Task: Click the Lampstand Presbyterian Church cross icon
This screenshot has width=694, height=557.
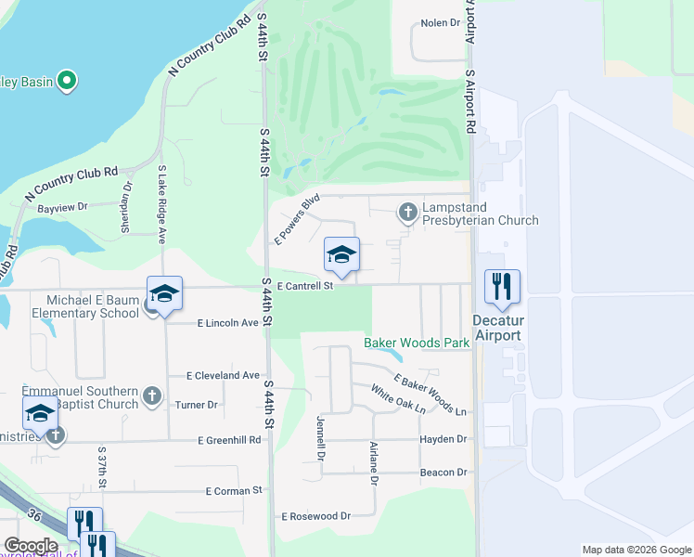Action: tap(407, 213)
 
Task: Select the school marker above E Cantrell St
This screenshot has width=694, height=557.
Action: tap(341, 255)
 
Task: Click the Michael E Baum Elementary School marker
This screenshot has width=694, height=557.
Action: tap(164, 295)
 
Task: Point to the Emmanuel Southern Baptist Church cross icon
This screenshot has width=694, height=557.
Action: tap(153, 397)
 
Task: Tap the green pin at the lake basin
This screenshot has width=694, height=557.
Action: tap(66, 81)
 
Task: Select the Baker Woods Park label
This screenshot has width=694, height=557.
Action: tap(417, 343)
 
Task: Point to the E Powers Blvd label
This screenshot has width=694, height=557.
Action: tap(297, 219)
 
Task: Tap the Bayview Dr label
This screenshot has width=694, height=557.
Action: tap(62, 207)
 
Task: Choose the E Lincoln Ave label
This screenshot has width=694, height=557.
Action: tap(227, 323)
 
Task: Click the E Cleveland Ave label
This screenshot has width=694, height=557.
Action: tap(223, 375)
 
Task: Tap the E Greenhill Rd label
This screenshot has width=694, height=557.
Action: tap(228, 440)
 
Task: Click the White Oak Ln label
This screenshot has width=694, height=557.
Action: tap(398, 399)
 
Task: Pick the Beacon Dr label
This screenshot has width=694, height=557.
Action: tap(448, 472)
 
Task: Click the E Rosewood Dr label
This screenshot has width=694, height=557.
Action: tap(316, 515)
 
